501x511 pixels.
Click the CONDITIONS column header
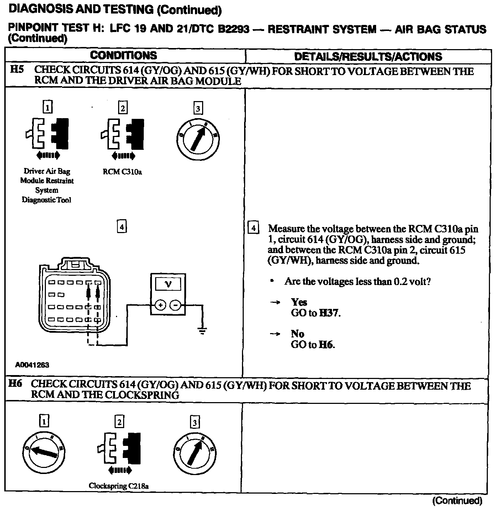pyautogui.click(x=123, y=56)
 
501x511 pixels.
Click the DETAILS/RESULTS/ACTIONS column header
pyautogui.click(x=368, y=57)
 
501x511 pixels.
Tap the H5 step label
pyautogui.click(x=17, y=70)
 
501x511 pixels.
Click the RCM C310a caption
pyautogui.click(x=122, y=172)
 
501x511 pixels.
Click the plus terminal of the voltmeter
pyautogui.click(x=160, y=305)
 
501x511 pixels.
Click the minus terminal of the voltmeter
pyautogui.click(x=175, y=305)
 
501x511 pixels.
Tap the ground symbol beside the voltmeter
pyautogui.click(x=202, y=331)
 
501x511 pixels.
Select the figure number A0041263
pyautogui.click(x=32, y=365)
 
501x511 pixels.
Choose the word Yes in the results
pyautogui.click(x=299, y=302)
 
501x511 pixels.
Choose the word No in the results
pyautogui.click(x=297, y=334)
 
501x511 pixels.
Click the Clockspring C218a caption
pyautogui.click(x=118, y=486)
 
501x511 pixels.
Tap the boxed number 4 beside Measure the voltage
pyautogui.click(x=253, y=228)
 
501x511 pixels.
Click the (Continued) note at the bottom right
pyautogui.click(x=457, y=501)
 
